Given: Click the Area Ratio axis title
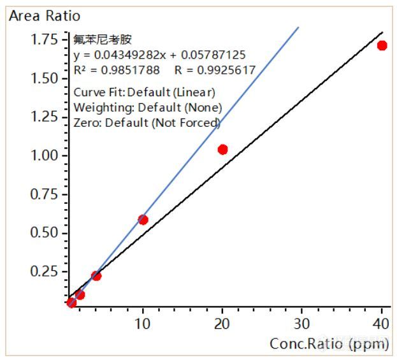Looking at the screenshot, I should [x=45, y=15].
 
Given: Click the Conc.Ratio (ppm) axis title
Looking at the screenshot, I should [x=329, y=344].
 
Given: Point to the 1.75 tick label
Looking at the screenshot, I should [x=46, y=40].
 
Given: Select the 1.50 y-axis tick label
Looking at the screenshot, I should [x=46, y=78].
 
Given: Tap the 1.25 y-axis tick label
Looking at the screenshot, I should [x=46, y=117].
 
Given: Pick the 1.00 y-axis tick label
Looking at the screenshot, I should [x=46, y=155].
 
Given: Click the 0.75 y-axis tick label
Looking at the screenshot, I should [x=46, y=194].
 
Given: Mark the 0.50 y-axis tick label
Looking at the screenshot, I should [x=46, y=233].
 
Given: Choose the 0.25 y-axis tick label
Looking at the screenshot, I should [x=46, y=271].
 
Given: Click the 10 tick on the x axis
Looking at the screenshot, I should [x=143, y=323].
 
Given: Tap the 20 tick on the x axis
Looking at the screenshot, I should [x=222, y=323].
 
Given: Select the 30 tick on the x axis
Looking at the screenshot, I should [x=302, y=323].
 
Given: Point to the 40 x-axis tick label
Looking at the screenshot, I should [x=381, y=323].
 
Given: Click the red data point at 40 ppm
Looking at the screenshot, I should [x=382, y=45].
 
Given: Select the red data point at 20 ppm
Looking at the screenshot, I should [x=222, y=150].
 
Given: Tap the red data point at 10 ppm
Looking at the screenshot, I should [x=143, y=220].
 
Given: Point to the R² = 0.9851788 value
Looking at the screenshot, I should [x=117, y=69].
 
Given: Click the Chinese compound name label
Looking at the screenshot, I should [x=94, y=41].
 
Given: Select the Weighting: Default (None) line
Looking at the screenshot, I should [x=148, y=107].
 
